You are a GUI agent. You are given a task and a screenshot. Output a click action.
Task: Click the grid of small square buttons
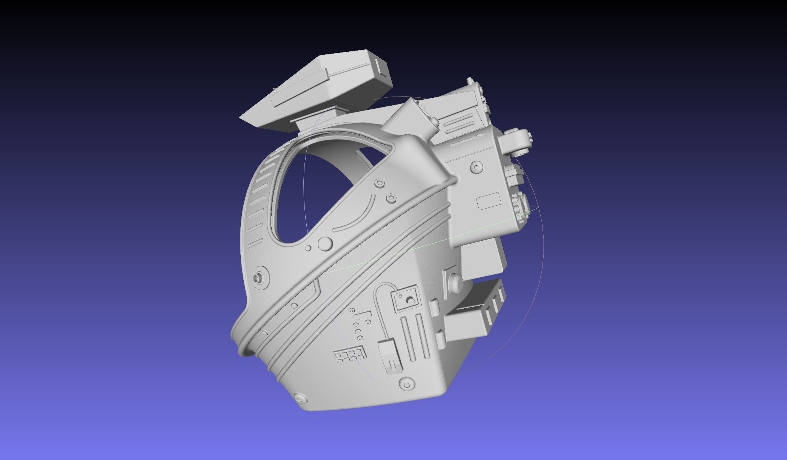pyautogui.click(x=350, y=356)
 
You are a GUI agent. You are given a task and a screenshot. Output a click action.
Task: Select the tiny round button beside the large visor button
pyautogui.click(x=308, y=248)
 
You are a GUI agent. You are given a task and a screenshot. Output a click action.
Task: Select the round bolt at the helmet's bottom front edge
pyautogui.click(x=301, y=398)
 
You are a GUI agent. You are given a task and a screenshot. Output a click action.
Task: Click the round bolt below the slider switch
pyautogui.click(x=407, y=384)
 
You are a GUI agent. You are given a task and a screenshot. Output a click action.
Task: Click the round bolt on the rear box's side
pyautogui.click(x=477, y=167)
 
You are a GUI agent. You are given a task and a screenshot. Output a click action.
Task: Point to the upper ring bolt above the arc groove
pyautogui.click(x=380, y=184)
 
